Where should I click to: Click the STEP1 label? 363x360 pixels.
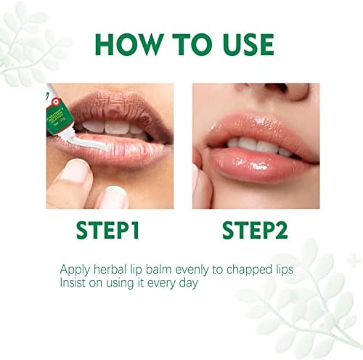[107, 231]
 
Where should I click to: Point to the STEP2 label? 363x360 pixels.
[255, 231]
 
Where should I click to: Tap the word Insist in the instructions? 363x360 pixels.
[73, 283]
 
